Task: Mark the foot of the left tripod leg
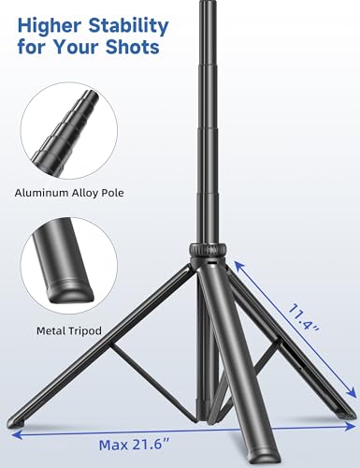(21, 426)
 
